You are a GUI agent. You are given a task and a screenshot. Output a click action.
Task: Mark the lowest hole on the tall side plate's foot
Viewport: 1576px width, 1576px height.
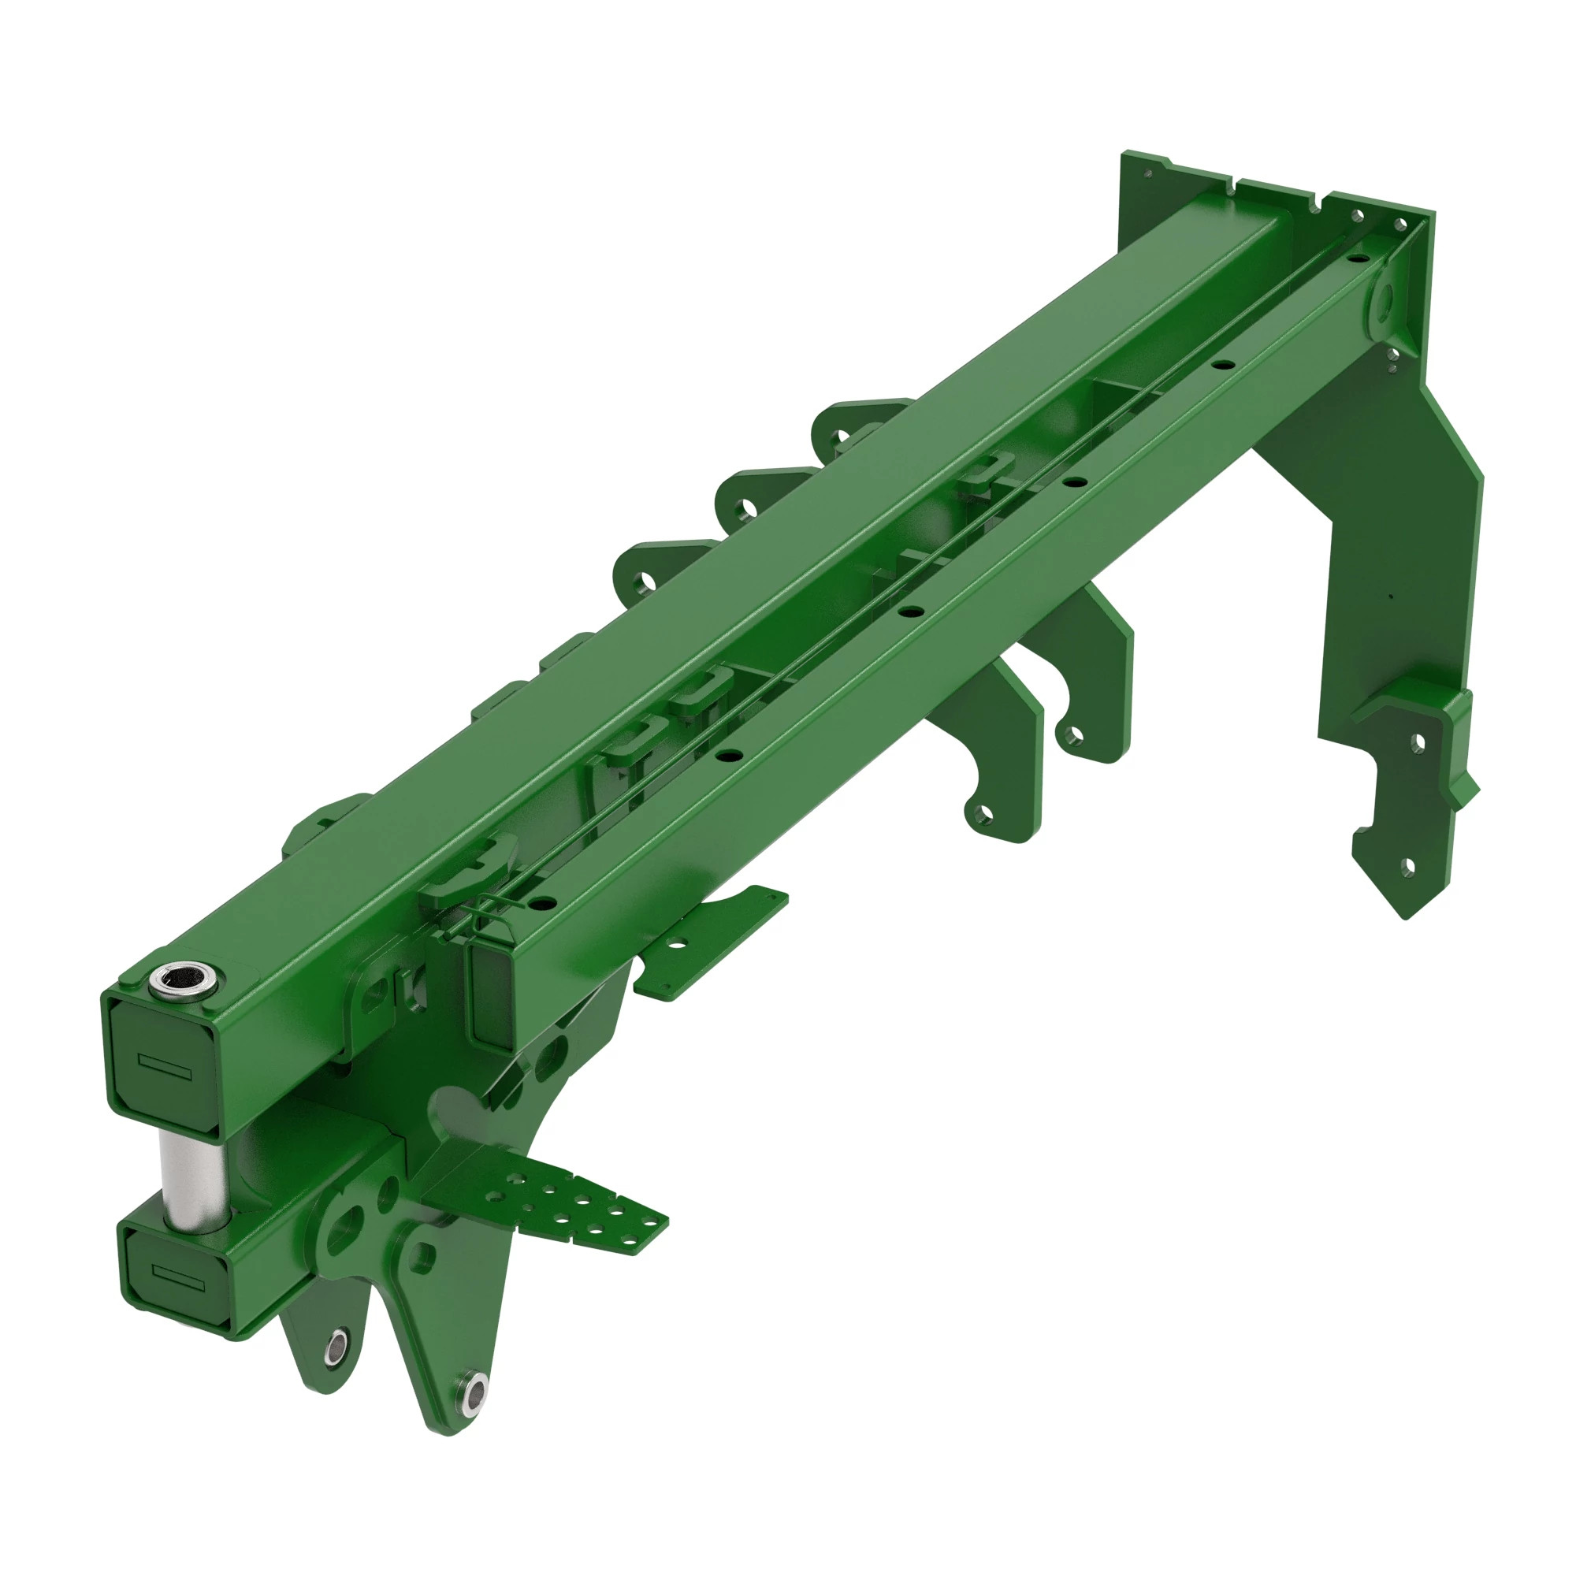coord(1407,866)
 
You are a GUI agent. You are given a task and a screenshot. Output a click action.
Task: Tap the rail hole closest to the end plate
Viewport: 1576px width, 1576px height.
coord(1354,258)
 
